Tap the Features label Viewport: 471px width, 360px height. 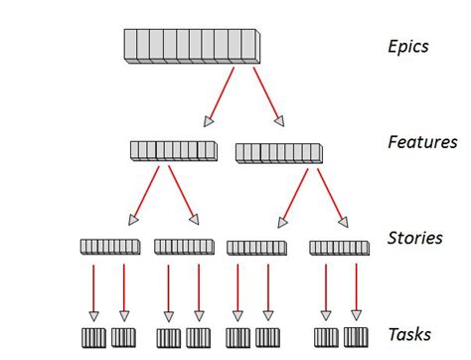[421, 142]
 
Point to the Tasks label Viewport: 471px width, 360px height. [408, 335]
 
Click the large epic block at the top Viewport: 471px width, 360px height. [191, 47]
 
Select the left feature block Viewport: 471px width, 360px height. [172, 151]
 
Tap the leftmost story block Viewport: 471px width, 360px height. [109, 246]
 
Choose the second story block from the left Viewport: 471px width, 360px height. [184, 246]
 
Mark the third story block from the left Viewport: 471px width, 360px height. [256, 246]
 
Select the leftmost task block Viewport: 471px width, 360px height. [95, 336]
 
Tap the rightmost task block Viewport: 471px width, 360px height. [356, 336]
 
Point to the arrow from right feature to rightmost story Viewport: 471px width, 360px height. [331, 194]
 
